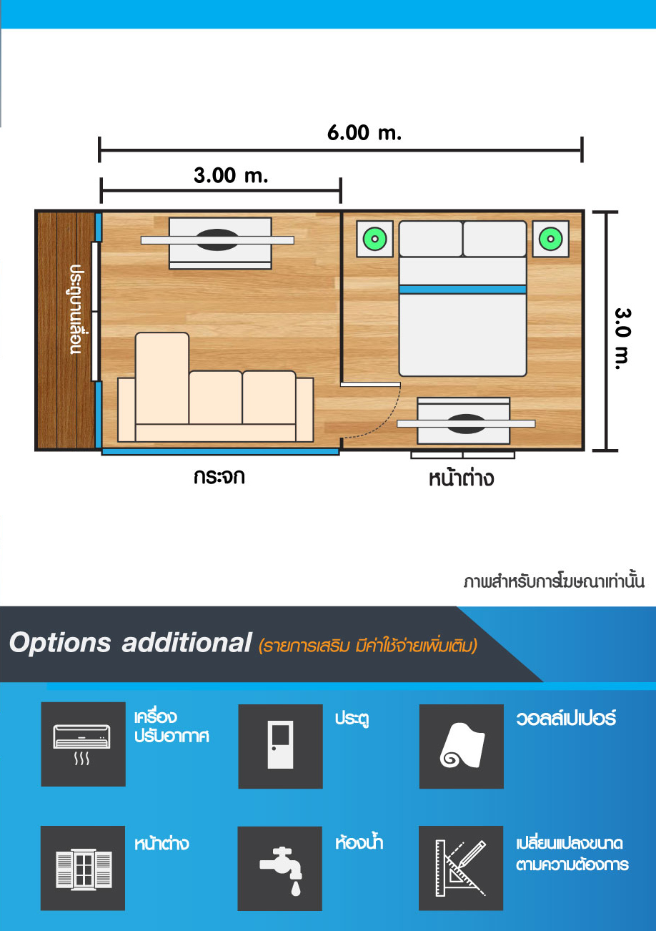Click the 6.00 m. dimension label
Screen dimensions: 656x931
(x=364, y=133)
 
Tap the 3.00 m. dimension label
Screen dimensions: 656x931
(x=231, y=175)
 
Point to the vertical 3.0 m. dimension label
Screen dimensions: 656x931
(x=622, y=339)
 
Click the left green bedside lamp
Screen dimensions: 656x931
(x=374, y=239)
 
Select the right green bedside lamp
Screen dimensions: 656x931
(x=551, y=239)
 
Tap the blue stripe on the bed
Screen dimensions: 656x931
(x=462, y=290)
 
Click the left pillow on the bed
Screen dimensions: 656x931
(x=431, y=239)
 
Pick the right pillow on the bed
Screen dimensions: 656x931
(x=495, y=239)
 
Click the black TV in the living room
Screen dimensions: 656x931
(x=217, y=240)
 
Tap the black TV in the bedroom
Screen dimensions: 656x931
(x=466, y=424)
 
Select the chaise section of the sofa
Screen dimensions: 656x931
(x=162, y=378)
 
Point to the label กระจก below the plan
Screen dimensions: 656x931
(x=219, y=477)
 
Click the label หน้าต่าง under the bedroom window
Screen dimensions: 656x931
(x=461, y=478)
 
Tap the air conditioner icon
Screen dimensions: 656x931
(x=82, y=744)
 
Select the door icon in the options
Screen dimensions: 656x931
(x=280, y=744)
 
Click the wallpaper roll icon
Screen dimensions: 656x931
(x=462, y=746)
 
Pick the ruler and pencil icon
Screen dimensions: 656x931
(x=460, y=868)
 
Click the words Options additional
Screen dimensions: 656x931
(x=131, y=643)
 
